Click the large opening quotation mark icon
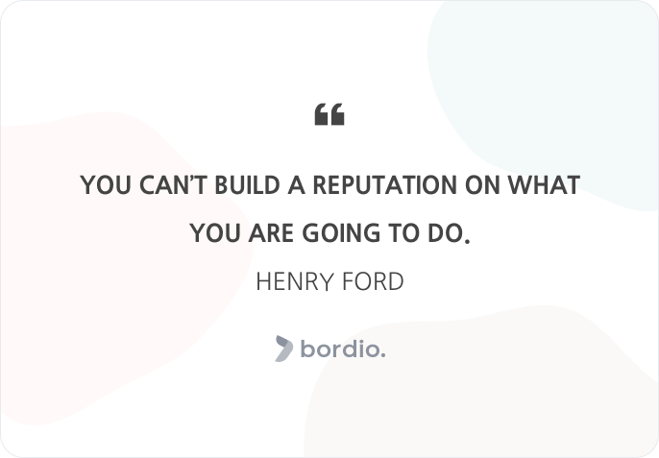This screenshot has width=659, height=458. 329,114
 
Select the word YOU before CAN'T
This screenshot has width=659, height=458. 106,185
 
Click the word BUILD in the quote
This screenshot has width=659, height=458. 247,185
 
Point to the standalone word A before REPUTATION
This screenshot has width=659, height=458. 296,185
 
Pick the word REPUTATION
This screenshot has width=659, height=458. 385,185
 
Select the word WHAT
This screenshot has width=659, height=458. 544,185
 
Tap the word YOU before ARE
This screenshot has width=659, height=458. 215,233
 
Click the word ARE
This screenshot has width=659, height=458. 271,233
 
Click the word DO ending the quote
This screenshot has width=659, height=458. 445,233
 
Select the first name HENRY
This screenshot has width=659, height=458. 295,281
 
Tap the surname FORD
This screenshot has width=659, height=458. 373,281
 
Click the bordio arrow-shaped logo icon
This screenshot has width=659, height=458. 284,349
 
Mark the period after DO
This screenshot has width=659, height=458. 467,241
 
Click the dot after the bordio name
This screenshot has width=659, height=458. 383,355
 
